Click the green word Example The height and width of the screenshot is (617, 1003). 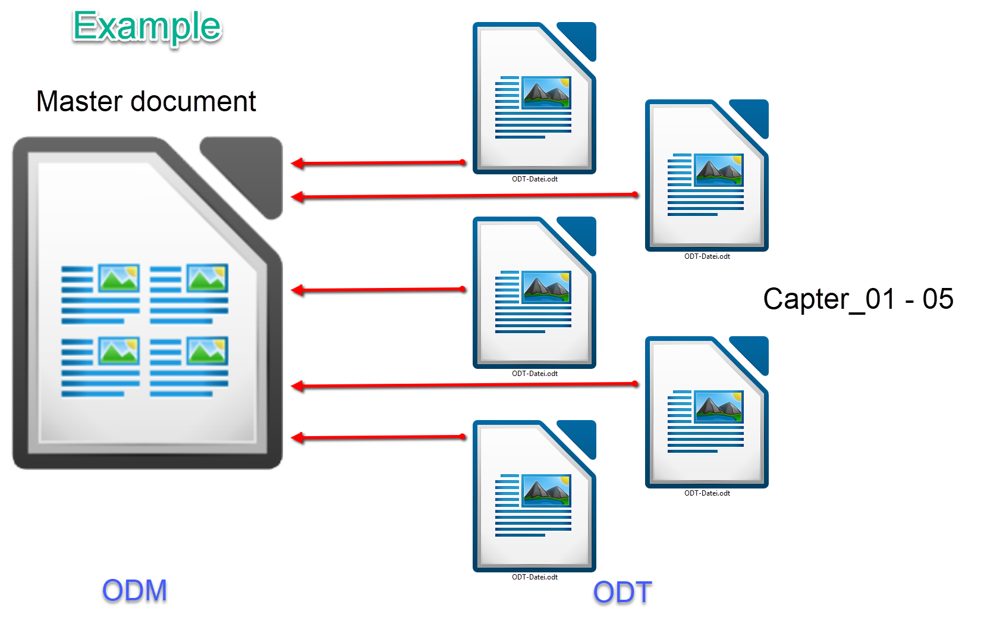[147, 27]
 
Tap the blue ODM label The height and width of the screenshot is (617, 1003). [134, 591]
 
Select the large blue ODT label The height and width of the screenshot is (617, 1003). [622, 593]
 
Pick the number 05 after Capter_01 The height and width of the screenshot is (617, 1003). [938, 299]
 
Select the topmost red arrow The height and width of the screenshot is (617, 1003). [378, 162]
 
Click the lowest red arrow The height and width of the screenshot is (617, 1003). [378, 437]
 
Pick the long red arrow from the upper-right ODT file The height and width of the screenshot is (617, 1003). [464, 195]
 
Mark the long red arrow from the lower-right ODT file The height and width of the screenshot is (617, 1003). [464, 386]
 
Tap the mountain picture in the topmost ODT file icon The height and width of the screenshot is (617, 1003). [546, 92]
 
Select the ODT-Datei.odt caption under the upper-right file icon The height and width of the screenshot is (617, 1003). [707, 256]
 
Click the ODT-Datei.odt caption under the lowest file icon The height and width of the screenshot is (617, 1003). [534, 577]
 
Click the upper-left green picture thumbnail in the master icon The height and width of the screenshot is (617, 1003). [119, 277]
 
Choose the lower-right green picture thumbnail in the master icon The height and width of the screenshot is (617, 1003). [207, 350]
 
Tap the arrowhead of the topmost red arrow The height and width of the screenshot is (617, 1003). [298, 163]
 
